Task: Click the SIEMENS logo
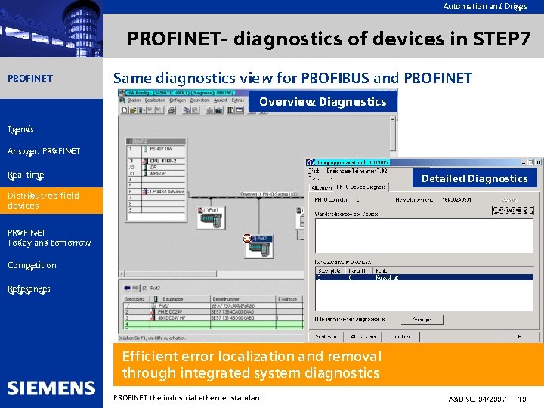click(x=51, y=388)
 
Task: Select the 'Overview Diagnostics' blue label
click(x=323, y=101)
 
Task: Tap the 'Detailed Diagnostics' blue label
click(x=474, y=178)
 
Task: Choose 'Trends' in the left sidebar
click(x=20, y=129)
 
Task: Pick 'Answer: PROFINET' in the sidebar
click(x=44, y=151)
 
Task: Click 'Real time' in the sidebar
click(x=26, y=175)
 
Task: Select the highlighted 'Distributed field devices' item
click(x=43, y=200)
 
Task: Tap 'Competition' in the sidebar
click(x=32, y=265)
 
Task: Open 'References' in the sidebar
click(x=29, y=289)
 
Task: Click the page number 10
click(x=522, y=398)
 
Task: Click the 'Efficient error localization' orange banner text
click(x=252, y=364)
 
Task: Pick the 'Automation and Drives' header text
click(x=484, y=6)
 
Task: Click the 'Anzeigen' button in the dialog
click(x=427, y=320)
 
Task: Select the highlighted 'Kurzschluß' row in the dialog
click(x=423, y=277)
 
